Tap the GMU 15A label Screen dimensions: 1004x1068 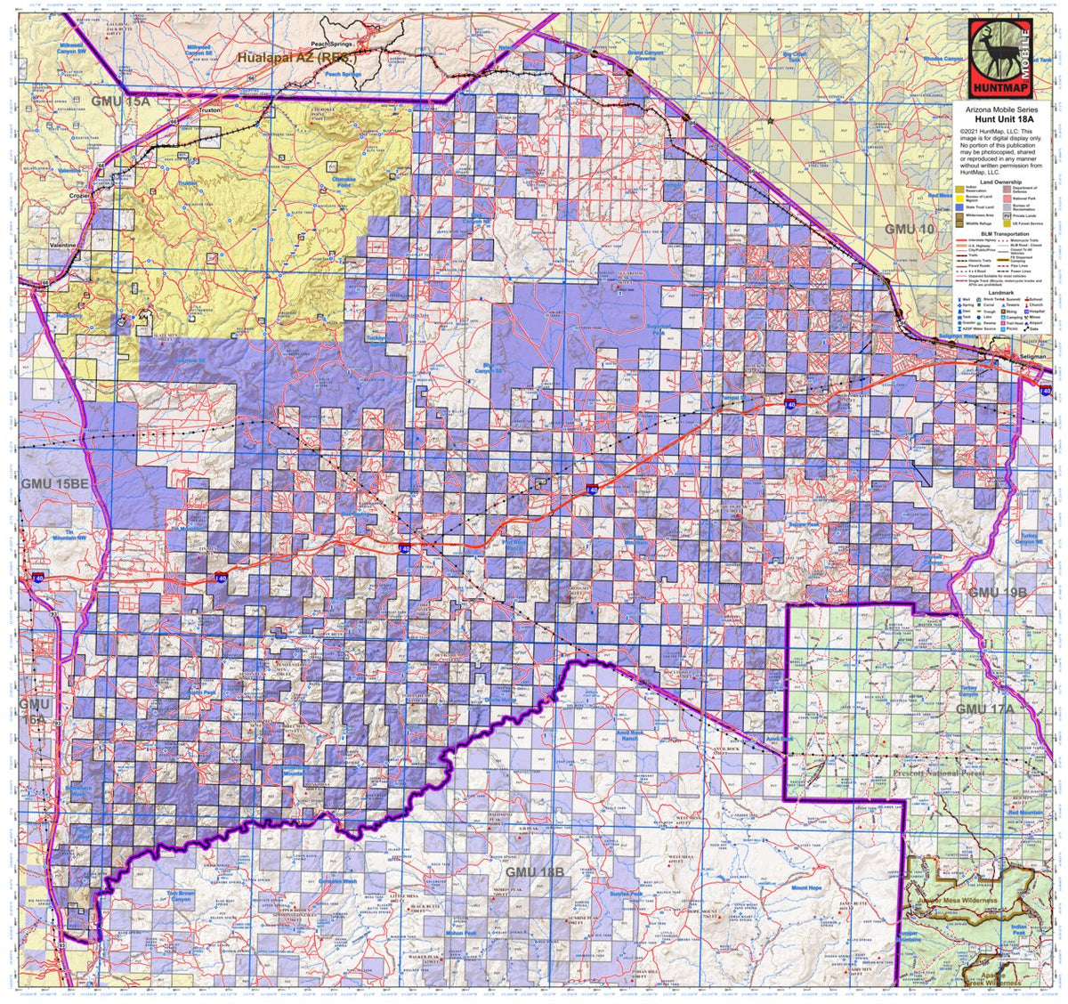click(x=120, y=102)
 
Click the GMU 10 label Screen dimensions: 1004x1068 click(x=910, y=230)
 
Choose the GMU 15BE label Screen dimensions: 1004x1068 click(x=54, y=483)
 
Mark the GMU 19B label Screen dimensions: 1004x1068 click(x=998, y=592)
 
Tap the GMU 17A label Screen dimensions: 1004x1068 click(x=984, y=708)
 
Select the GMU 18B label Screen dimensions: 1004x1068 click(x=534, y=871)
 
